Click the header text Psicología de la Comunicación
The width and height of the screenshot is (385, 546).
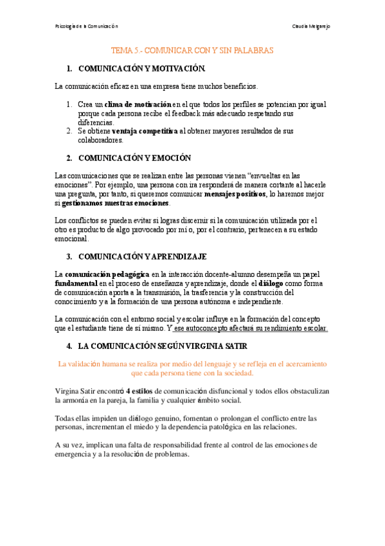pos(87,26)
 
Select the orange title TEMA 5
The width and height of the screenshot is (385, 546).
pos(193,50)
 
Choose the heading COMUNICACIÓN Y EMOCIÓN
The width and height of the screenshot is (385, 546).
pos(134,158)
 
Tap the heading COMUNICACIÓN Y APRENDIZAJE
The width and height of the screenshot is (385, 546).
pos(142,256)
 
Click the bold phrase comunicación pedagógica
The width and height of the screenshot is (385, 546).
pos(107,274)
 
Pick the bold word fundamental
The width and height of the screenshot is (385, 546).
pos(76,283)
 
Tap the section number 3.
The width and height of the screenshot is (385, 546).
pos(69,256)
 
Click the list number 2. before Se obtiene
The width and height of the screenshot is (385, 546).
pos(69,131)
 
